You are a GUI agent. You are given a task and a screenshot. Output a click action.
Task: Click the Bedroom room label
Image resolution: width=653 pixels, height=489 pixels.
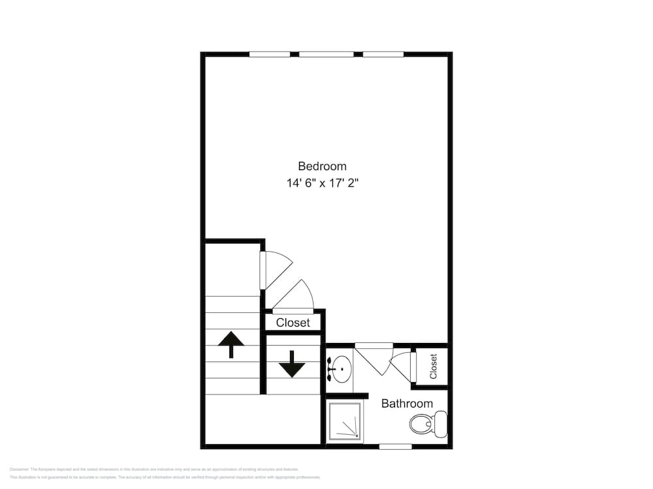click(x=322, y=166)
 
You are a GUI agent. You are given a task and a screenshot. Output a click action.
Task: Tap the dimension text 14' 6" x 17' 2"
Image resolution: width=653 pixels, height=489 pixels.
click(x=322, y=183)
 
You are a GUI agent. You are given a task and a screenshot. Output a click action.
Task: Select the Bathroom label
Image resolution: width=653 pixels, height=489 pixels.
click(x=407, y=404)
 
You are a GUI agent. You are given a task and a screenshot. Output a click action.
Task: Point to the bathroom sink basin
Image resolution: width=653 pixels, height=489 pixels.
click(x=340, y=370)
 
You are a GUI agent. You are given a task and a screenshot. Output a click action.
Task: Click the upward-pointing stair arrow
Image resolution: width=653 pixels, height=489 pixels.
click(x=231, y=344)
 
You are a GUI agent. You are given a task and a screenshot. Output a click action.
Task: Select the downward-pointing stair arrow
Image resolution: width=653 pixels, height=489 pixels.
click(x=291, y=363)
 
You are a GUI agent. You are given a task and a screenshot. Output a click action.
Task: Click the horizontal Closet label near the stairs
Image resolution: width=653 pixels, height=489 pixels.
click(x=293, y=323)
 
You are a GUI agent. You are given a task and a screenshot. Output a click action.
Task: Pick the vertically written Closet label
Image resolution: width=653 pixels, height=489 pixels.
click(x=433, y=366)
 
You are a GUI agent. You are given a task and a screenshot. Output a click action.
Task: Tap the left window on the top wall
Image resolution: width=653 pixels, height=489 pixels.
click(x=270, y=54)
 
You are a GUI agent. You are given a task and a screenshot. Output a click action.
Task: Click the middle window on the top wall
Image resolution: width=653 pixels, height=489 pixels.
click(x=326, y=54)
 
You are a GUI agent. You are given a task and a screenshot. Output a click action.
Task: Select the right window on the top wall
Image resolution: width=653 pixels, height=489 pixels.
click(x=383, y=54)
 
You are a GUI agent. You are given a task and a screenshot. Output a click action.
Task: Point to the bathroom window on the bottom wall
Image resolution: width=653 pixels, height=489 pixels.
click(x=395, y=447)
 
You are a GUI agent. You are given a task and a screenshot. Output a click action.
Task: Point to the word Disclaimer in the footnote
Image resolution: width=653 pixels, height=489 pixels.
click(x=20, y=469)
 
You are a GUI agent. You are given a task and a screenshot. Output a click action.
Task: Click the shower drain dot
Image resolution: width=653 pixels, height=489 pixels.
click(x=357, y=436)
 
